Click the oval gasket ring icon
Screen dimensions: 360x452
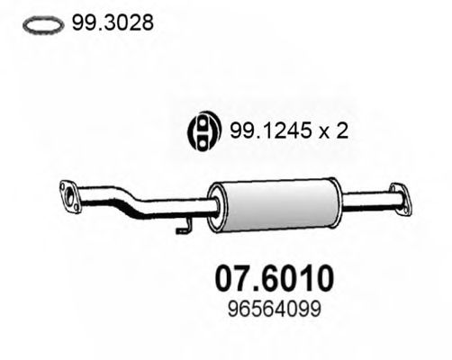[42, 24]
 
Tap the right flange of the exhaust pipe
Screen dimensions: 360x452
[395, 193]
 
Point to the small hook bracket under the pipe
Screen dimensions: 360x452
[183, 226]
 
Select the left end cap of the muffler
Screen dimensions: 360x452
[214, 202]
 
